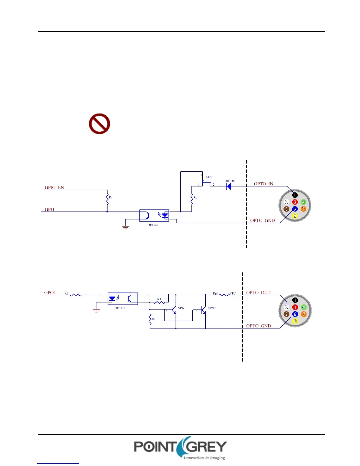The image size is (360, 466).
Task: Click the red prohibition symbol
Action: pyautogui.click(x=99, y=124)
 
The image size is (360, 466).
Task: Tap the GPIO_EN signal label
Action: pyautogui.click(x=54, y=187)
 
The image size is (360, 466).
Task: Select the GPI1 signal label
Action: pyautogui.click(x=49, y=209)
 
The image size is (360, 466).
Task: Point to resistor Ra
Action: pyautogui.click(x=107, y=198)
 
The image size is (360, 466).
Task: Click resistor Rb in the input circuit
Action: pyautogui.click(x=192, y=199)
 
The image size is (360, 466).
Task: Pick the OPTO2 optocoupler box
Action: pyautogui.click(x=154, y=215)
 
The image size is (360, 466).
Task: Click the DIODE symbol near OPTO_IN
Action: pyautogui.click(x=229, y=186)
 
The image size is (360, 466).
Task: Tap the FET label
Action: pyautogui.click(x=209, y=177)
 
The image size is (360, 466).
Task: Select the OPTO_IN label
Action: pyautogui.click(x=264, y=184)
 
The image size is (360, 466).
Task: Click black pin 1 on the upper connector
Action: pyautogui.click(x=295, y=195)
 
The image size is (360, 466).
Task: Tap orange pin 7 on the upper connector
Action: pyautogui.click(x=304, y=209)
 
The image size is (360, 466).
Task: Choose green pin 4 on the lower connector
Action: pyautogui.click(x=304, y=307)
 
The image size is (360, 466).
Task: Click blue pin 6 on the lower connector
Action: pyautogui.click(x=295, y=314)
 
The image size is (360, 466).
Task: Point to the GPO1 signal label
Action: pyautogui.click(x=50, y=292)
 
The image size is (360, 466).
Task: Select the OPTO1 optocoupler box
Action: pyautogui.click(x=123, y=299)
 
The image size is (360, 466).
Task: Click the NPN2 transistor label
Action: pyautogui.click(x=211, y=308)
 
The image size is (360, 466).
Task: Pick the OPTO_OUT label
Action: pyautogui.click(x=258, y=293)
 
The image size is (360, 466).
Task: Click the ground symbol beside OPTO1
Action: pyautogui.click(x=96, y=311)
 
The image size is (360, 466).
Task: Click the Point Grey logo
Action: pyautogui.click(x=181, y=448)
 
